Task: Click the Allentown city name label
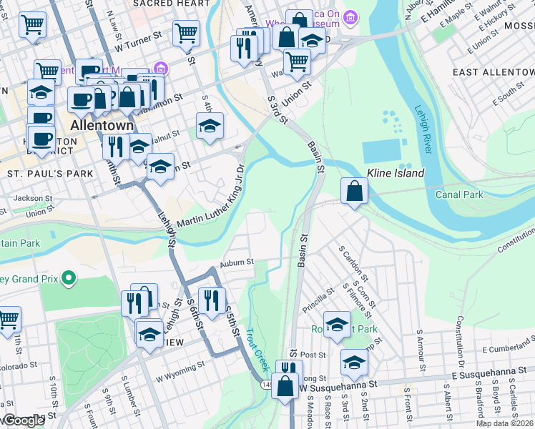pyautogui.click(x=102, y=125)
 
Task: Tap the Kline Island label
pyautogui.click(x=396, y=173)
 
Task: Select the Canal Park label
pyautogui.click(x=459, y=194)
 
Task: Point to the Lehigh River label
pyautogui.click(x=423, y=129)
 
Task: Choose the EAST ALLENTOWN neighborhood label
pyautogui.click(x=494, y=72)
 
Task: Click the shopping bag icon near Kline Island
pyautogui.click(x=354, y=191)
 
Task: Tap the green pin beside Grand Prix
pyautogui.click(x=69, y=277)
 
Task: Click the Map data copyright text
pyautogui.click(x=505, y=423)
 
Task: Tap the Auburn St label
pyautogui.click(x=237, y=262)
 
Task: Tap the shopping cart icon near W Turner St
pyautogui.click(x=186, y=32)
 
